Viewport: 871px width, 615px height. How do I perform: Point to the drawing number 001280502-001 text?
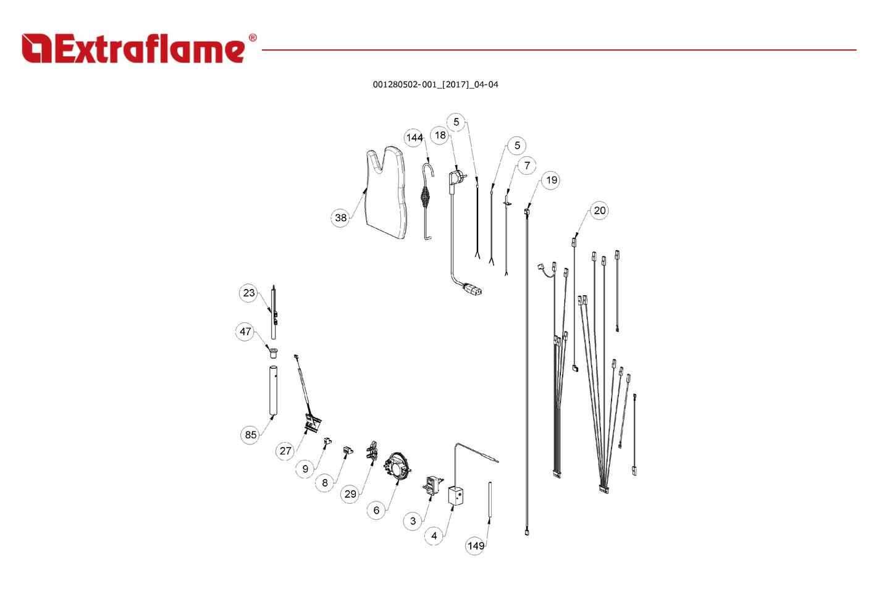pos(435,85)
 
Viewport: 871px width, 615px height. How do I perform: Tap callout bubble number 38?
pos(340,218)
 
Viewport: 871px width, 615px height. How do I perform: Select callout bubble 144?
pos(414,138)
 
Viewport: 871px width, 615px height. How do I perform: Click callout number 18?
pos(440,135)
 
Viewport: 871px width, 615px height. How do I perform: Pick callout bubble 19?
pos(551,180)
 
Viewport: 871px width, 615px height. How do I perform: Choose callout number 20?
pos(599,211)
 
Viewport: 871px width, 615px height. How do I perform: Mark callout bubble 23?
pos(248,293)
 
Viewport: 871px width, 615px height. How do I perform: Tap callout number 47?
pos(245,332)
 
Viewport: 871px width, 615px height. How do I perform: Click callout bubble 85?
pos(250,435)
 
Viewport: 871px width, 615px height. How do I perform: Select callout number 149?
pos(475,546)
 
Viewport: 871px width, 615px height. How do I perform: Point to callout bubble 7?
pos(526,165)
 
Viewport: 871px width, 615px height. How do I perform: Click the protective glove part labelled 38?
pos(387,191)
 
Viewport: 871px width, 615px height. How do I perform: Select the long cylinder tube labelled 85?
pos(272,390)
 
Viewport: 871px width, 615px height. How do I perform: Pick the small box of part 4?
pos(455,496)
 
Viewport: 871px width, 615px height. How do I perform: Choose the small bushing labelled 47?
pos(272,353)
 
